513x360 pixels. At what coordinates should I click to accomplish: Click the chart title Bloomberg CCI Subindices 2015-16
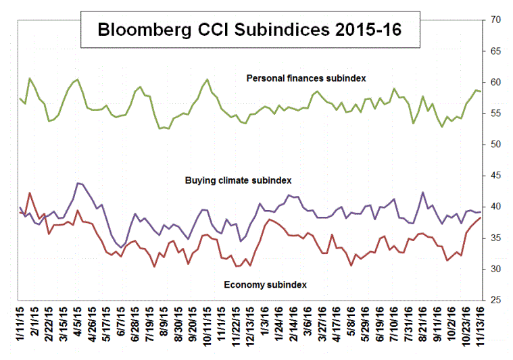point(248,30)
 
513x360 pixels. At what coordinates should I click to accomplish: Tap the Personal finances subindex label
point(306,78)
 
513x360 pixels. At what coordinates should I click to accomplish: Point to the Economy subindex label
point(265,284)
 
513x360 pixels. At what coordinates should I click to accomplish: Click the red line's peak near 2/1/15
point(30,193)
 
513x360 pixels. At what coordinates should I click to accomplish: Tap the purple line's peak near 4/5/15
point(78,183)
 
